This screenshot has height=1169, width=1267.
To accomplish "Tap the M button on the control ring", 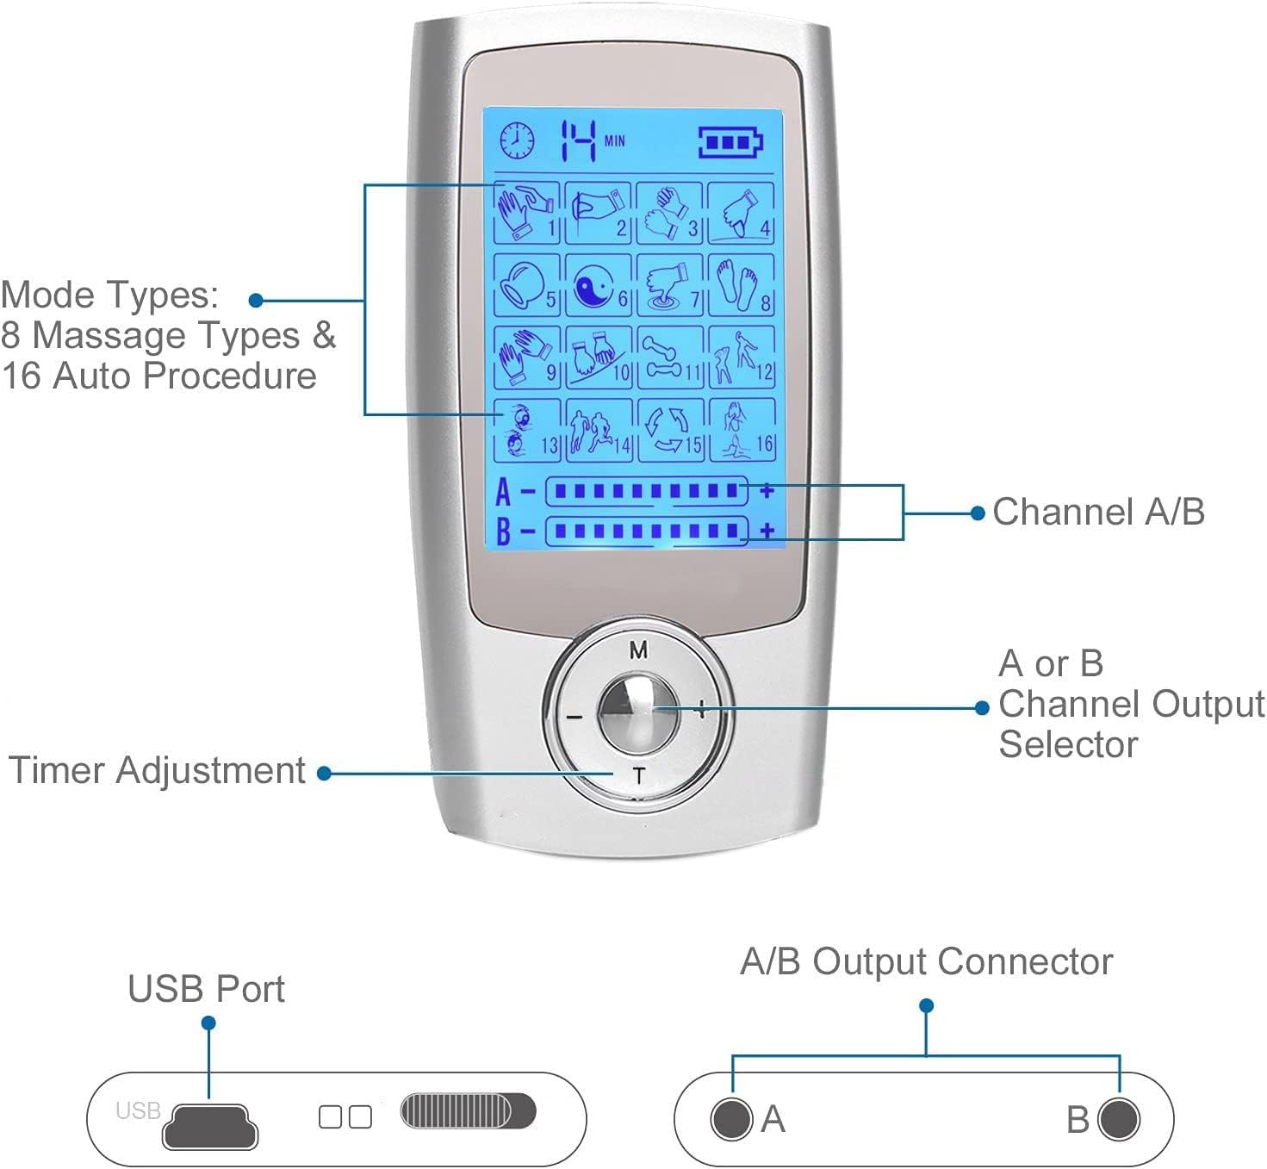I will [x=638, y=650].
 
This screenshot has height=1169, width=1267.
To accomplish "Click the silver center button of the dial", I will [x=638, y=712].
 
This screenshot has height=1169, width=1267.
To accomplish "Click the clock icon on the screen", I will [x=517, y=140].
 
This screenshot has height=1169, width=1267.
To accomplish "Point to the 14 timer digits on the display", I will [x=579, y=140].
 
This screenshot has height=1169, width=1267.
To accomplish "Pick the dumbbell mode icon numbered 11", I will [x=670, y=357].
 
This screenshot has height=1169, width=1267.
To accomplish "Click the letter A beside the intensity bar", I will [x=503, y=492].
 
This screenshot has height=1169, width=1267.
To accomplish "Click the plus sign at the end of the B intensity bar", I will [x=767, y=531].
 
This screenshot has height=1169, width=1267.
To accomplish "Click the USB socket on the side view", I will [x=210, y=1126].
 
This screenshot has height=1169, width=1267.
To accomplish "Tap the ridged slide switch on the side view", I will [x=468, y=1111].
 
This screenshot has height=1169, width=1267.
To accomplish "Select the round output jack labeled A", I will [x=731, y=1119].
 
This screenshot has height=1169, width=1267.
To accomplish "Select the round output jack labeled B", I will [x=1119, y=1119].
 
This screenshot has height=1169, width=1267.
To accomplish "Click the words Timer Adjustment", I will [x=157, y=770].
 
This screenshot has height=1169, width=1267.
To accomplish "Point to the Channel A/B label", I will [x=1098, y=512].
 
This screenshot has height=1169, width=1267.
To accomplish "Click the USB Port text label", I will [x=206, y=989].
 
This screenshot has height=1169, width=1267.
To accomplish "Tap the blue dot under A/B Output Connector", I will [x=927, y=1005].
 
